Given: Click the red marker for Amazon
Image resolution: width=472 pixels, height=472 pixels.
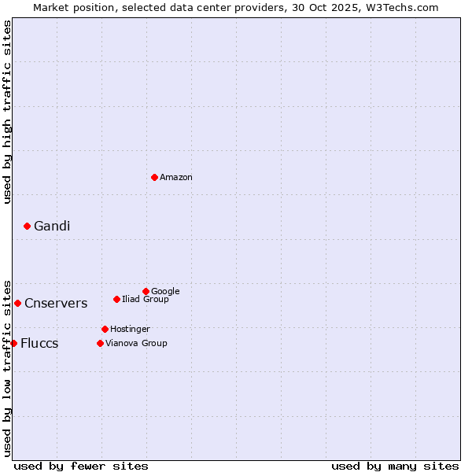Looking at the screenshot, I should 154,177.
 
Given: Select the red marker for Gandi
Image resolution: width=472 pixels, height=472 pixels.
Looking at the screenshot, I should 27,226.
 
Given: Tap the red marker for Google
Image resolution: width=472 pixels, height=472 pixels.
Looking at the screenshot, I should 146,291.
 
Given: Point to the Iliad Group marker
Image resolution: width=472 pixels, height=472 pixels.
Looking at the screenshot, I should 116,299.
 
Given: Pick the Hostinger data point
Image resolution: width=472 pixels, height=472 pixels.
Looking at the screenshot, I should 105,329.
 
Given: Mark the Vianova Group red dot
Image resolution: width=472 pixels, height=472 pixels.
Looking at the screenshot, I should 100,343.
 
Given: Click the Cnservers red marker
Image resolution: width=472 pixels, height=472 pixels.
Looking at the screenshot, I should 17,303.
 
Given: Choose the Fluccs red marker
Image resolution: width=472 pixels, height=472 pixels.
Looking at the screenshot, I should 13,343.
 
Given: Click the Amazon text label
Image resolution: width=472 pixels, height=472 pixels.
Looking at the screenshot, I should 176,178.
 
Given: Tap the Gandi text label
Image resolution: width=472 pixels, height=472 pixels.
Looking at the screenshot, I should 52,227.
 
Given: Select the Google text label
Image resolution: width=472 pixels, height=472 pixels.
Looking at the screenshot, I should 165,292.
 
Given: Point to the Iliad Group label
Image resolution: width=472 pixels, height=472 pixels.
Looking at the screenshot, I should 146,300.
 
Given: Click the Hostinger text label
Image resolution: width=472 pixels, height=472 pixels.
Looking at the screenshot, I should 130,330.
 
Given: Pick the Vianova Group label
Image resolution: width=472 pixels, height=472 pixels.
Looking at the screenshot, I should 136,344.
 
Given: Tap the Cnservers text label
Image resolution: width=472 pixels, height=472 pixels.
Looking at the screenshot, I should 56,304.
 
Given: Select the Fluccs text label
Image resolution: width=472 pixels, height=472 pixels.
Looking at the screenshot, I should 39,344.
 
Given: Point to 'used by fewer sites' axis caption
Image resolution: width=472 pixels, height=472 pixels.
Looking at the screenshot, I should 81,466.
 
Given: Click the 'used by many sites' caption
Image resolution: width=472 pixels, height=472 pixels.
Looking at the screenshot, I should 395,466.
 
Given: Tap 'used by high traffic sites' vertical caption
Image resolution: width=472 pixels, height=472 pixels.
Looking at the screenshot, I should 7,112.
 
